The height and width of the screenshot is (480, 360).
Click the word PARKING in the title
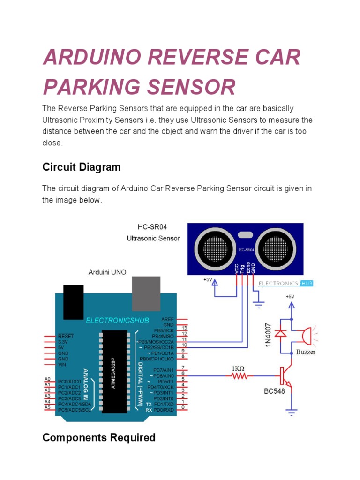tap(91, 87)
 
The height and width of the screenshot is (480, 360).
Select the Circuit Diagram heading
tap(81, 167)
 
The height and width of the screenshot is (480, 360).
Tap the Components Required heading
tap(98, 437)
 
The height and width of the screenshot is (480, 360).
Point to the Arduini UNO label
tap(107, 272)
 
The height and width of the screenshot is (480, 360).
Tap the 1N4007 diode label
tap(269, 334)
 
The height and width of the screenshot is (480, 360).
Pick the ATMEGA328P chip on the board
tap(114, 371)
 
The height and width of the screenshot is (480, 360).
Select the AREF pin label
tap(167, 319)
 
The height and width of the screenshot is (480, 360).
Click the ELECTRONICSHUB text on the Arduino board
tap(117, 320)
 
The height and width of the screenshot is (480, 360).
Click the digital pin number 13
tap(185, 328)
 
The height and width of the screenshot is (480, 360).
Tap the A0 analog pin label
tap(47, 379)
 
